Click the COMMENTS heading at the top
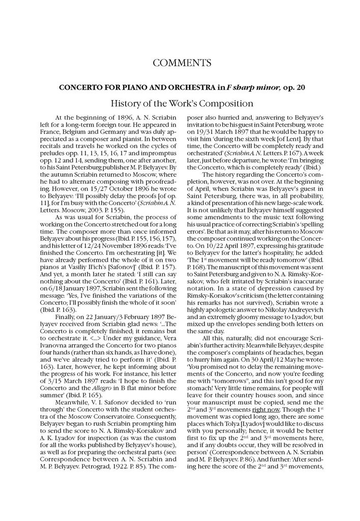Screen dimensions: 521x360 (182, 63)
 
